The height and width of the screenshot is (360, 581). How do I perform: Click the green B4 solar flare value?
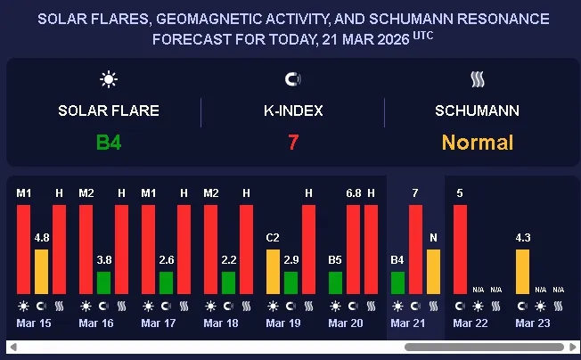(109, 142)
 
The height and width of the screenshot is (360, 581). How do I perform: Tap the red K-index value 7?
(292, 142)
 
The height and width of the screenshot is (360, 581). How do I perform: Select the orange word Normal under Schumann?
(478, 142)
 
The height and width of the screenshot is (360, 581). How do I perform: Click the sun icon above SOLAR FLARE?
(109, 80)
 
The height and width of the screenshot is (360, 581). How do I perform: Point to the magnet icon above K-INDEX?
(292, 80)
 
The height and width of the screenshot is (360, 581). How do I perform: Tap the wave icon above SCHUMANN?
(478, 80)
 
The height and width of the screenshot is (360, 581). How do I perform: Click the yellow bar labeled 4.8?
(41, 272)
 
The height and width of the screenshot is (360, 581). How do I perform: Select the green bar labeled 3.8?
(103, 282)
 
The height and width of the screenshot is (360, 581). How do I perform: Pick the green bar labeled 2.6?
(166, 282)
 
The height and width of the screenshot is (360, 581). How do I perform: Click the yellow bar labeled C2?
(273, 272)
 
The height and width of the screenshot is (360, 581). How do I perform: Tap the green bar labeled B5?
(335, 282)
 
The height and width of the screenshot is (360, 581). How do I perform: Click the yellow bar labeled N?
(433, 272)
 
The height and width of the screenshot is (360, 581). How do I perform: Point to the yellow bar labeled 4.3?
(522, 272)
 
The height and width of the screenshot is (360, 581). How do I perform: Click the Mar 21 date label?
(408, 323)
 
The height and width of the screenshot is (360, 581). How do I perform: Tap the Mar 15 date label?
(34, 323)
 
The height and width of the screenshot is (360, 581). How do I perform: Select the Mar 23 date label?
(533, 323)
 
